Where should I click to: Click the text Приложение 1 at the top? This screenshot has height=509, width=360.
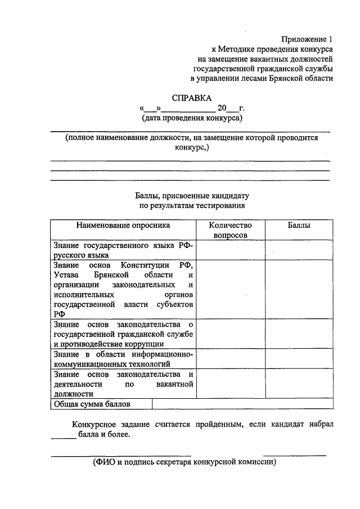click(x=307, y=39)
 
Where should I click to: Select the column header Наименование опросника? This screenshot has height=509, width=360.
click(x=123, y=225)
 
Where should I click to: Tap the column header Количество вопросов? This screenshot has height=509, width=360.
click(x=231, y=230)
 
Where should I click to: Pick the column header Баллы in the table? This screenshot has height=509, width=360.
click(x=298, y=225)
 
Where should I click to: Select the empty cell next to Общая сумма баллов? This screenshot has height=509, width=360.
click(x=242, y=404)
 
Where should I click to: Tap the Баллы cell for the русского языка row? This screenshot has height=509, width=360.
click(x=298, y=249)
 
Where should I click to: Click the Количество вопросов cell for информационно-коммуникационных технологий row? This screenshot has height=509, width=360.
click(x=231, y=359)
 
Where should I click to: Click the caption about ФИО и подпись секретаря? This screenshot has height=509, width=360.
click(x=185, y=462)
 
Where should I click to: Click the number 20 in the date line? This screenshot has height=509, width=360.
click(x=222, y=108)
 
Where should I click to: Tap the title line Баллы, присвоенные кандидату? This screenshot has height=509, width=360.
click(x=191, y=196)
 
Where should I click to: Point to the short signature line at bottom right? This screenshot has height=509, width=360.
click(x=294, y=454)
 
